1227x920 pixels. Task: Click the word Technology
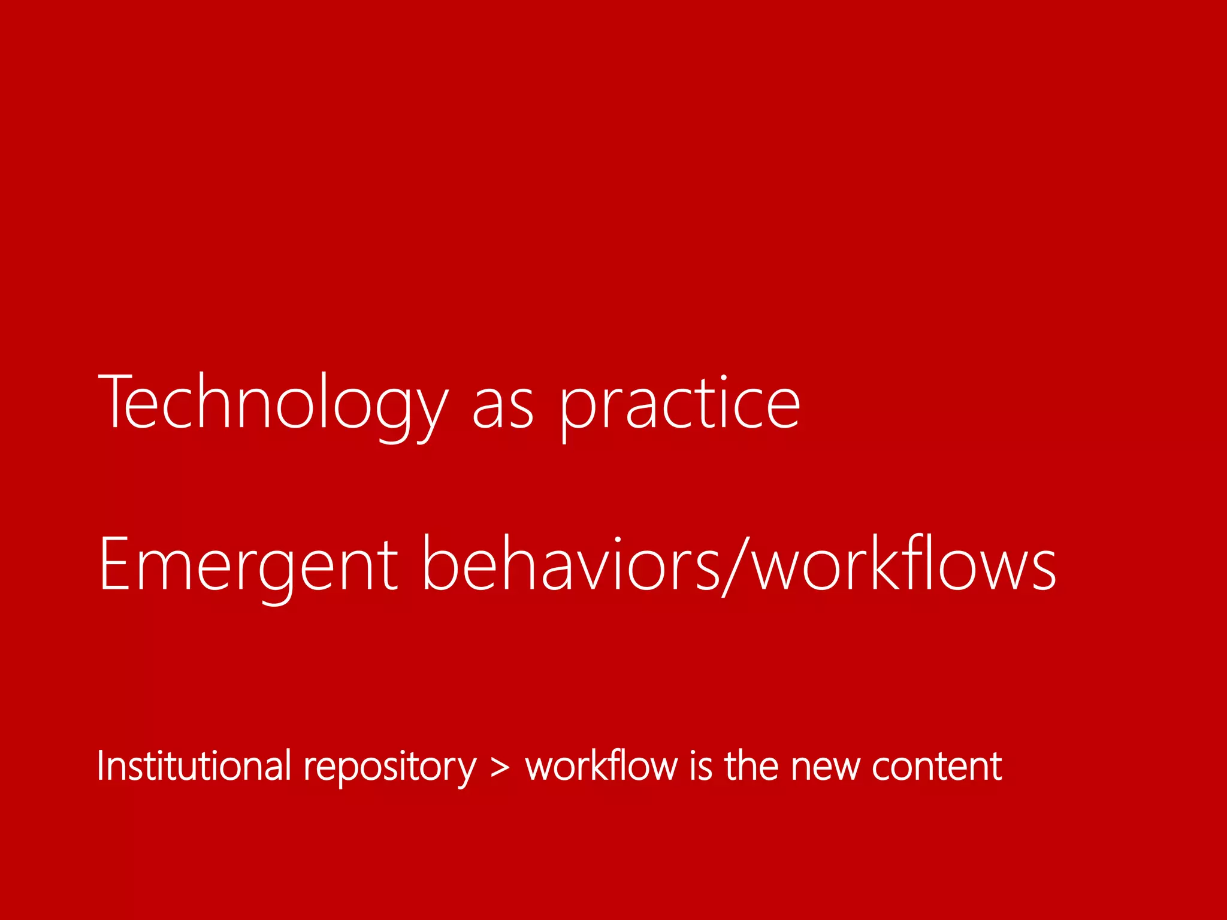[x=273, y=402]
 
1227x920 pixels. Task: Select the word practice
[x=680, y=407]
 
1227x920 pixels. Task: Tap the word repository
[x=390, y=768]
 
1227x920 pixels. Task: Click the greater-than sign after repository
[x=500, y=768]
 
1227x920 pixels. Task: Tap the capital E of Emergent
[x=114, y=563]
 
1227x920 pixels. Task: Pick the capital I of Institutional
[x=101, y=765]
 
